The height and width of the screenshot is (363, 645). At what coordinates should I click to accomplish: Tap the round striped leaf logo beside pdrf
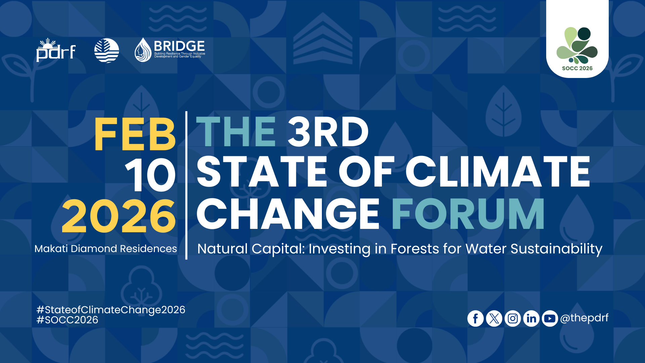point(106,51)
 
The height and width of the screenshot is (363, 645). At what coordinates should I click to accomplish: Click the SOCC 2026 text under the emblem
point(577,68)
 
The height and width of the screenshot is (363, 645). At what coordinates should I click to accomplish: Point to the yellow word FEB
point(135,134)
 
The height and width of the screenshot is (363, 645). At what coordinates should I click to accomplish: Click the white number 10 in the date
point(150,175)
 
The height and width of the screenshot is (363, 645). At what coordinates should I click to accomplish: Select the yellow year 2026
point(119,216)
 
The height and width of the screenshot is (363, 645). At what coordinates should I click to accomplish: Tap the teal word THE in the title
point(236,131)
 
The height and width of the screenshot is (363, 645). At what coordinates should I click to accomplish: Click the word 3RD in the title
point(328,131)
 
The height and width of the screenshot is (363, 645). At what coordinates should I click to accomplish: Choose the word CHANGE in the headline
point(288,213)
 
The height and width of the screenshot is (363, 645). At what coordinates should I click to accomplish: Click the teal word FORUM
point(468,213)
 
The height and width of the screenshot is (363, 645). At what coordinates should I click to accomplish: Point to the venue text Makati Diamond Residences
point(105,249)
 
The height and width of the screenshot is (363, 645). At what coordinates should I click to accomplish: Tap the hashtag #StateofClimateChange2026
point(111,310)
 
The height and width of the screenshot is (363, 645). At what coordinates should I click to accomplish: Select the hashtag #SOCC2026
point(67,320)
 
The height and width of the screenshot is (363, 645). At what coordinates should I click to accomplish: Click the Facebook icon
point(475,318)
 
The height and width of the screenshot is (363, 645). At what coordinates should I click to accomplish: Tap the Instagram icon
point(513,318)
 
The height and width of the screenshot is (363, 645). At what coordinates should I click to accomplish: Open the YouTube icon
point(550,318)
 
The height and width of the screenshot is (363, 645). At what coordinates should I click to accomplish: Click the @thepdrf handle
point(584,318)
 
